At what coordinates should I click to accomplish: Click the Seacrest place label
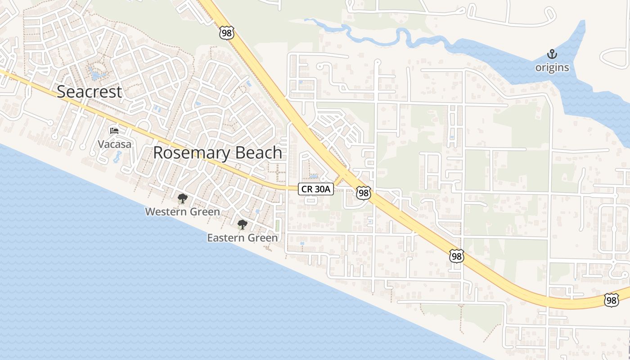click(x=89, y=92)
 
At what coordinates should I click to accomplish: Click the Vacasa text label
click(x=115, y=144)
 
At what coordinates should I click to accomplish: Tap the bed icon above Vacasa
click(x=114, y=131)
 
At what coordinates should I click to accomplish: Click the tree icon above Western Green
click(x=182, y=198)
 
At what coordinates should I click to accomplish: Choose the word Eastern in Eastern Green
click(x=226, y=238)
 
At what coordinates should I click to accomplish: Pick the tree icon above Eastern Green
click(x=243, y=224)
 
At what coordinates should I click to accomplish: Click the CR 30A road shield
click(x=315, y=189)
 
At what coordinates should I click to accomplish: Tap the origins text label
click(x=552, y=68)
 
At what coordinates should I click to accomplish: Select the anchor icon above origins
click(x=552, y=54)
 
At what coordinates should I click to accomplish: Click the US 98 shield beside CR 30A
click(x=363, y=193)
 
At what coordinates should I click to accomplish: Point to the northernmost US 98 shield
click(x=227, y=32)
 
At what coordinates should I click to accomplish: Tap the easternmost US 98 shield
click(x=611, y=300)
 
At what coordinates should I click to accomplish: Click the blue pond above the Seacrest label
click(x=96, y=73)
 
